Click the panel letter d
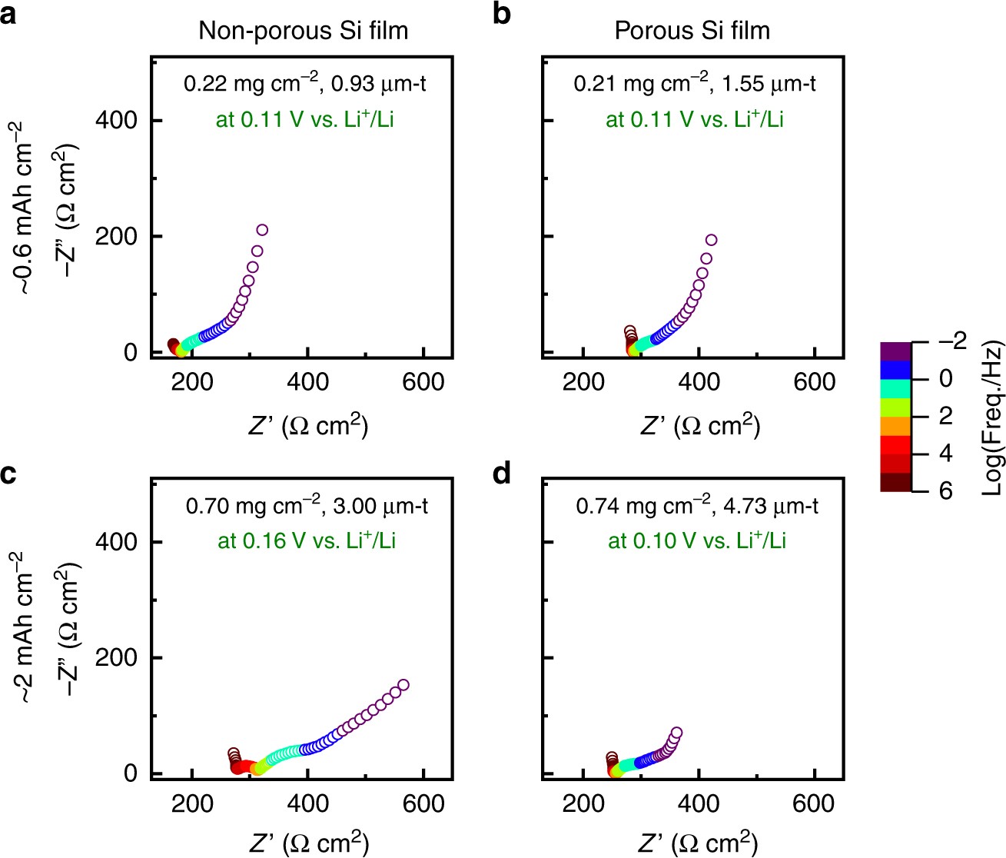502,474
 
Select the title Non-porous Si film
303,31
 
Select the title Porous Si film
692,31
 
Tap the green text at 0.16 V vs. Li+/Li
306,540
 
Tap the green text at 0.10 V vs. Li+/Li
696,540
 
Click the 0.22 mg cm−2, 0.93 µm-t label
304,83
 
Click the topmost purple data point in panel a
262,230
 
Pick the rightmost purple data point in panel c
403,685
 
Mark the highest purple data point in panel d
676,733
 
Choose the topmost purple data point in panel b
711,240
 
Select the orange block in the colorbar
895,425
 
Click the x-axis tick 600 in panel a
423,381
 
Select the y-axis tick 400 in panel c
116,542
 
